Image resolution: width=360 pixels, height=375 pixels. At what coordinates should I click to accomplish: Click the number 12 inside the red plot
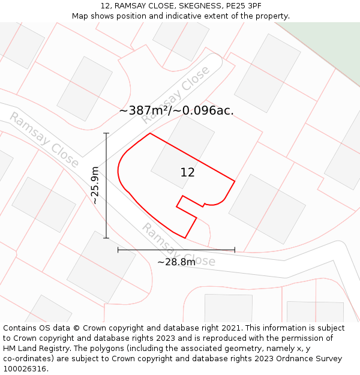click(x=187, y=172)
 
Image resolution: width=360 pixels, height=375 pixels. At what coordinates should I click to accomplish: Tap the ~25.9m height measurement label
click(x=95, y=185)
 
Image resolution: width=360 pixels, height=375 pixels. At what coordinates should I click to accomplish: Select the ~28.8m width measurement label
click(x=176, y=262)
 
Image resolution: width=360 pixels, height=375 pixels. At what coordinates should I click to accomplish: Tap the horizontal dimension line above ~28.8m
click(x=176, y=249)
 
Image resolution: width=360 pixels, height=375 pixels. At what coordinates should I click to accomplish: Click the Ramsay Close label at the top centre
click(x=175, y=95)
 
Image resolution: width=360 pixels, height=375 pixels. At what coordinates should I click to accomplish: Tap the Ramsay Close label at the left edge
click(x=44, y=140)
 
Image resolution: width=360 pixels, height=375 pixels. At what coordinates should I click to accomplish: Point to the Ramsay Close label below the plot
click(x=178, y=245)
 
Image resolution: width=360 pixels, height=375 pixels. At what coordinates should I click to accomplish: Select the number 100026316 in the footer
click(x=25, y=369)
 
